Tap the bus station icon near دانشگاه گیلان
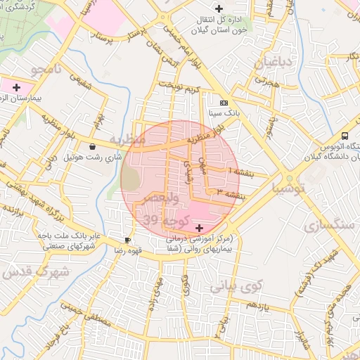pyautogui.click(x=345, y=136)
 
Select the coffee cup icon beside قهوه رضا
pyautogui.click(x=127, y=240)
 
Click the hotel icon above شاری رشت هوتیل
pyautogui.click(x=93, y=147)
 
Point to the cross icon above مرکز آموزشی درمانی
pyautogui.click(x=200, y=228)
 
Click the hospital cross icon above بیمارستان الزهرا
pyautogui.click(x=15, y=86)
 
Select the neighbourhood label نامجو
pyautogui.click(x=46, y=70)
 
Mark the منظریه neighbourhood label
pyautogui.click(x=127, y=140)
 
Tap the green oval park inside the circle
pyautogui.click(x=130, y=180)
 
